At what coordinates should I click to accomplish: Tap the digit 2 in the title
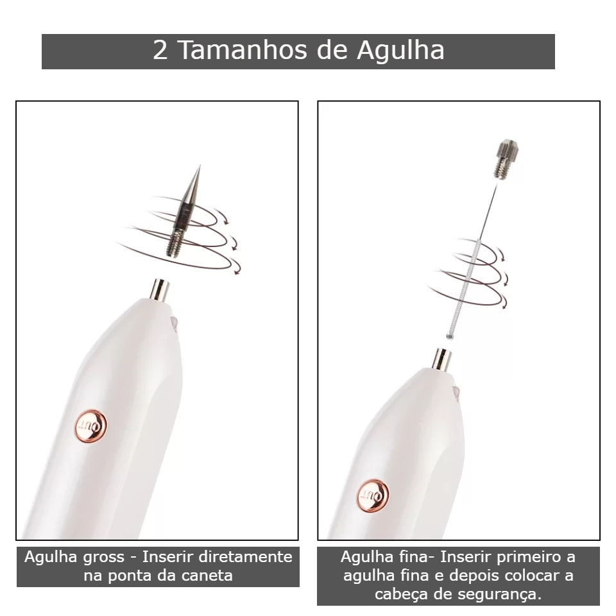point(160,50)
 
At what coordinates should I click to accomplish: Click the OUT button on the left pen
point(90,426)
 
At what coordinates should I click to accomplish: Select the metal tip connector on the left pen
point(160,289)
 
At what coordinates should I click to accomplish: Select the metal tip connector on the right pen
point(441,359)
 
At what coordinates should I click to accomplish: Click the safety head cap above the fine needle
point(506,159)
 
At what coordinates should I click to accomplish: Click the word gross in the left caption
point(109,558)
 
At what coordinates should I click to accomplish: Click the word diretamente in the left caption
point(246,557)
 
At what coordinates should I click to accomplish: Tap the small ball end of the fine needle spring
point(449,336)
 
